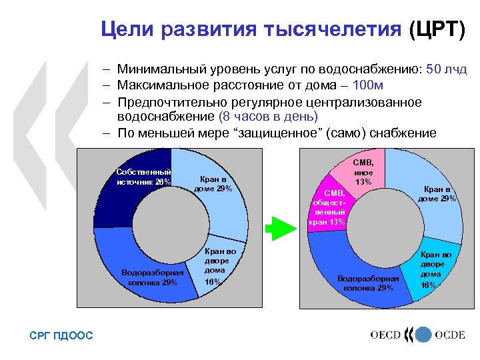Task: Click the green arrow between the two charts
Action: (280, 229)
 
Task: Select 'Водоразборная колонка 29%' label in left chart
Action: (153, 277)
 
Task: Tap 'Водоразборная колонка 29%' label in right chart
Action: (368, 283)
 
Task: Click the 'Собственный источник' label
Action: (144, 177)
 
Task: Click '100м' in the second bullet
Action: (367, 86)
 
